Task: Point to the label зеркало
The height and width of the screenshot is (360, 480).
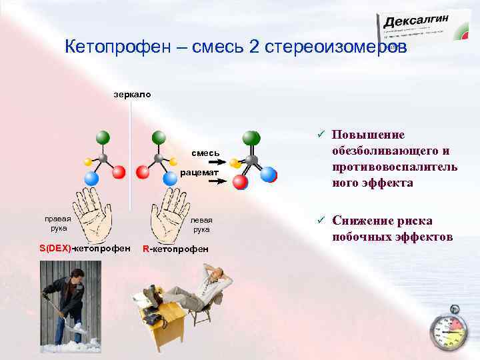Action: [132, 95]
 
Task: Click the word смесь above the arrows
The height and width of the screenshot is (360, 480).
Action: [207, 153]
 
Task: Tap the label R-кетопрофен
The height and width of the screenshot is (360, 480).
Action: [175, 249]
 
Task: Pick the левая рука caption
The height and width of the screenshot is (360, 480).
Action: [201, 224]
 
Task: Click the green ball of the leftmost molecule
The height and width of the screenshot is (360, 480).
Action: [102, 138]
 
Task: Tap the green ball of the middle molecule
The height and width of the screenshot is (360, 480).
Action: [159, 138]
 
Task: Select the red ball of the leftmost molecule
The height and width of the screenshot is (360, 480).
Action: [119, 173]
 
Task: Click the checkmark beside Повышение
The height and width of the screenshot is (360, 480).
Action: [320, 134]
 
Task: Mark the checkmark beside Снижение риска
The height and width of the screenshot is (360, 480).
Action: [320, 221]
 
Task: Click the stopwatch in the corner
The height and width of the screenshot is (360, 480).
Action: [448, 331]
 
